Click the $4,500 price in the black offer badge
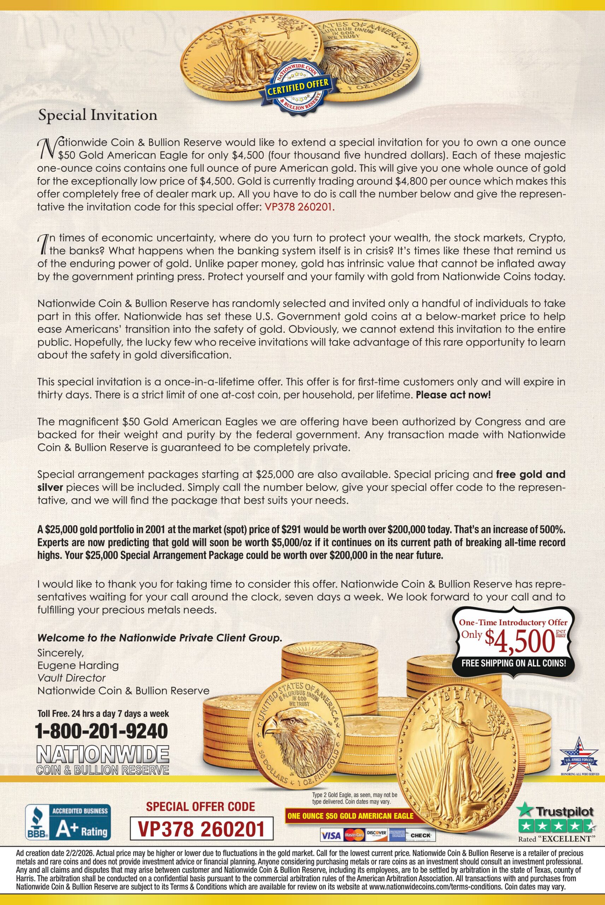click(517, 641)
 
